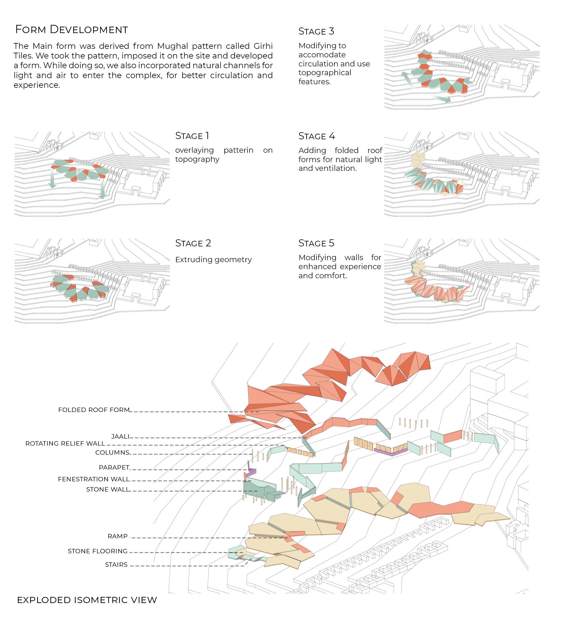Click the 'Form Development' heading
tap(71, 30)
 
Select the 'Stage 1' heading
tap(192, 136)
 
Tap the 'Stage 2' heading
tap(193, 243)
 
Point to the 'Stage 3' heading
tap(316, 32)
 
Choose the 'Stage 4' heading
tap(317, 136)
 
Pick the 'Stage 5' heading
tap(316, 243)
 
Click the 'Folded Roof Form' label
tap(94, 410)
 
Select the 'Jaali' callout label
tap(120, 437)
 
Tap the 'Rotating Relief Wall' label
tap(65, 444)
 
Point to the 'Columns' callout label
tap(112, 453)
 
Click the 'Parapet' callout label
tap(114, 468)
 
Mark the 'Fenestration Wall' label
tap(94, 479)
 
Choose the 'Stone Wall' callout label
tap(107, 490)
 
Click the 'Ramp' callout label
tap(118, 536)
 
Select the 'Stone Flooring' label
tap(98, 551)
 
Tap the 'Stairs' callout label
tap(116, 565)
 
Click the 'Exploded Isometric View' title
tap(87, 600)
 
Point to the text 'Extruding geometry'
tap(213, 260)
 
